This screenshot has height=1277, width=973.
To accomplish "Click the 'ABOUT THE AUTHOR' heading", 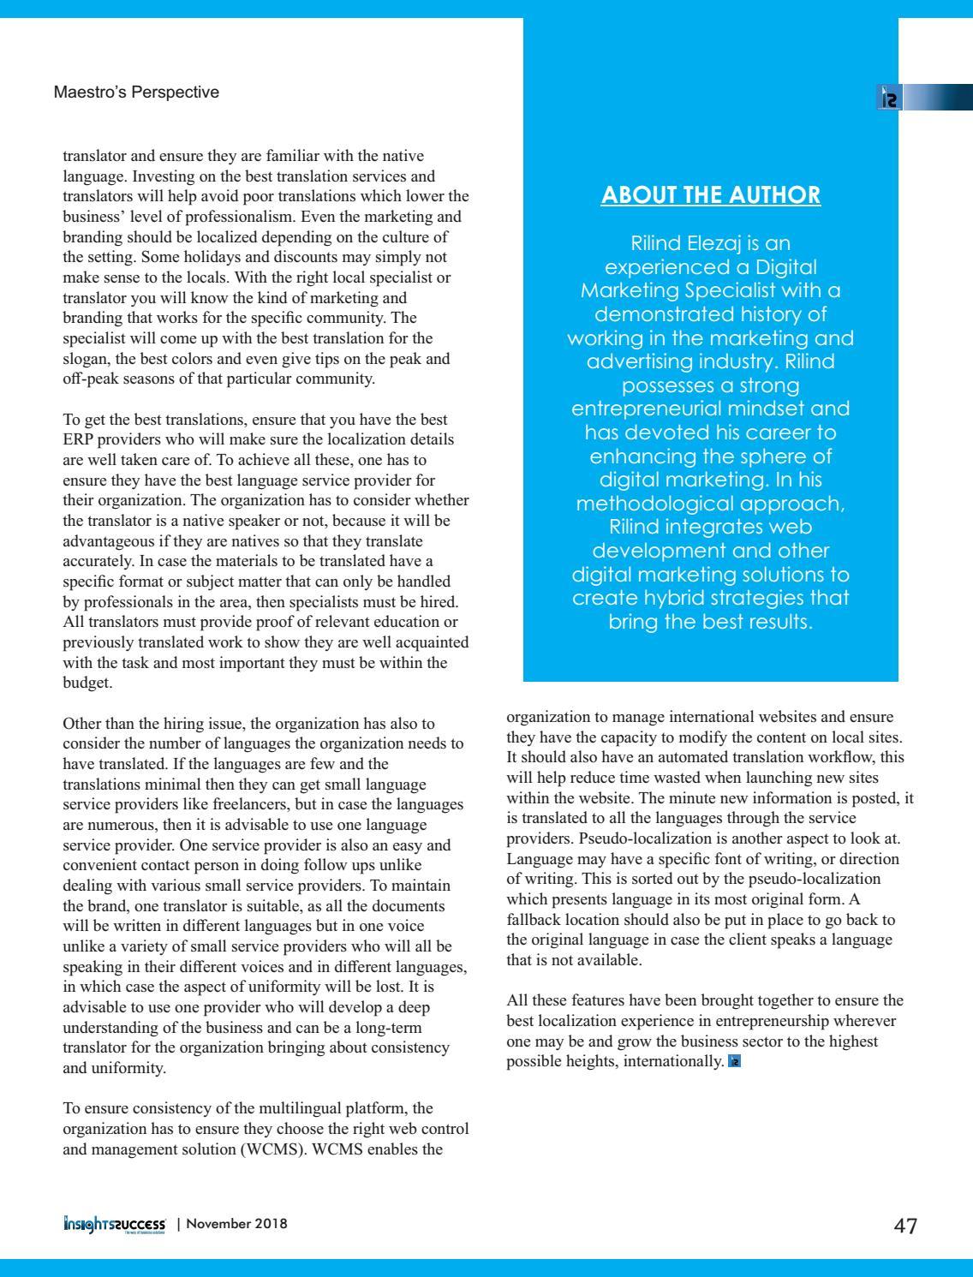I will pyautogui.click(x=711, y=195).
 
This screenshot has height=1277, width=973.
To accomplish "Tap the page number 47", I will pyautogui.click(x=905, y=1226).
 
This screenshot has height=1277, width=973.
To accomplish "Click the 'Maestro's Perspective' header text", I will pyautogui.click(x=136, y=92).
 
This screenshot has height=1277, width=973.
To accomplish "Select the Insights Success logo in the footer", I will pyautogui.click(x=114, y=1224).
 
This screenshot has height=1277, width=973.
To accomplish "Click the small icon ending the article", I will pyautogui.click(x=734, y=1062).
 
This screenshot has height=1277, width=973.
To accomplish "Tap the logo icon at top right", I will pyautogui.click(x=890, y=98).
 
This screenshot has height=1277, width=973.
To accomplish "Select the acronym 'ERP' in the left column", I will pyautogui.click(x=80, y=440).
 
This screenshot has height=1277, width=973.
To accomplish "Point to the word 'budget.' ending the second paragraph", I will pyautogui.click(x=87, y=683).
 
